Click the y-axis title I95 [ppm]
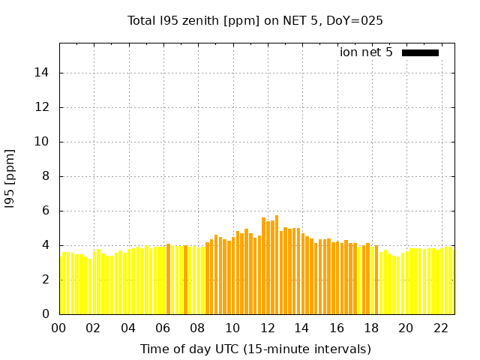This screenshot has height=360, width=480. (10, 178)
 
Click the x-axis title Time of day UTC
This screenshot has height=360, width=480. (255, 349)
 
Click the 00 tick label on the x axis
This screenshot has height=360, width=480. (58, 328)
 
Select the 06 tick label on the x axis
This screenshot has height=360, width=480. (163, 328)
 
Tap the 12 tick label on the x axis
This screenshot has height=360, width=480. (267, 328)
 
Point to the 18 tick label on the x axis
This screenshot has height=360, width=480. (371, 328)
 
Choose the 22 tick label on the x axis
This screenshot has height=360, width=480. (441, 328)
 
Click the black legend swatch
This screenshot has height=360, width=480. (420, 52)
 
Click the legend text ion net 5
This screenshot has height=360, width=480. (366, 52)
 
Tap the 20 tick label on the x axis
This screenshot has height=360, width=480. (406, 328)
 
